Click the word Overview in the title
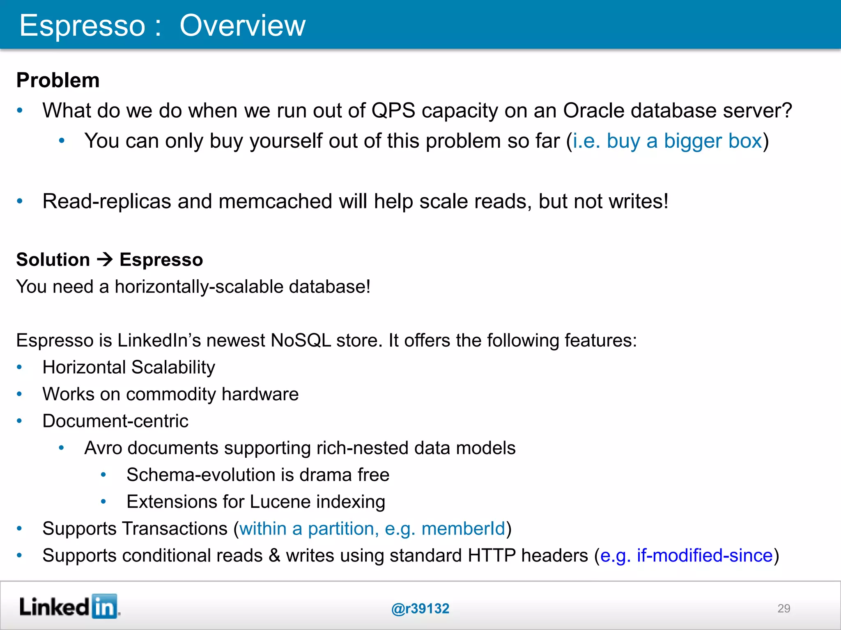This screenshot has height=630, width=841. [x=242, y=25]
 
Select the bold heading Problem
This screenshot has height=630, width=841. [x=58, y=80]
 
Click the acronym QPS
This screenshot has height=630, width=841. [x=393, y=110]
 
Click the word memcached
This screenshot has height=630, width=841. [x=275, y=201]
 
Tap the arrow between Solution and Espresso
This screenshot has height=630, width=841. [x=105, y=260]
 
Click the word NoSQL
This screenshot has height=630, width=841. [x=301, y=340]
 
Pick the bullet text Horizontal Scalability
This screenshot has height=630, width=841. [x=129, y=367]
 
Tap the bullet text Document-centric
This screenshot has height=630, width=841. [x=115, y=421]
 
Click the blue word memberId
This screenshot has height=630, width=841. [x=463, y=529]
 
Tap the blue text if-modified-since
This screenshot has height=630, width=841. [x=705, y=556]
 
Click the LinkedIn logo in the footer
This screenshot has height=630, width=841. [x=69, y=606]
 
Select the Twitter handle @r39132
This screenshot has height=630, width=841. [x=420, y=609]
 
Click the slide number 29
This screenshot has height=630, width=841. [x=784, y=608]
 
